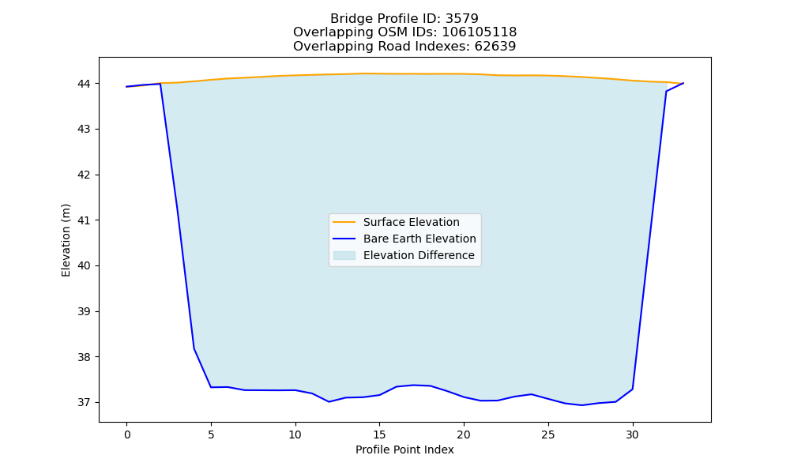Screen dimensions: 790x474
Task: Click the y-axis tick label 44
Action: tap(84, 84)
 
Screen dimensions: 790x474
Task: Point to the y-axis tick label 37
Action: tap(84, 402)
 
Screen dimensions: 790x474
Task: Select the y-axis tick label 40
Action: tap(84, 266)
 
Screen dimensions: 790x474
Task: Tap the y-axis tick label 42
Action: tap(84, 175)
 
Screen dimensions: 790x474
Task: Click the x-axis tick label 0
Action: tap(127, 435)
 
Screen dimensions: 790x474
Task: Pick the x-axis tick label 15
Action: tap(379, 435)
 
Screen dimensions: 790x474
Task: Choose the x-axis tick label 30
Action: tap(632, 435)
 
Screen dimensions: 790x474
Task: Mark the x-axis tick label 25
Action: tap(548, 435)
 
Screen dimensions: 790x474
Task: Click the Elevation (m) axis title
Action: tap(66, 240)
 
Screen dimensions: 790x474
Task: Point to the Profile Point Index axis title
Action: tap(404, 450)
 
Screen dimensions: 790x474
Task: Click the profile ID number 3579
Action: tap(462, 19)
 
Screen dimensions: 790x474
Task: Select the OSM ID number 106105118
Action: tap(480, 32)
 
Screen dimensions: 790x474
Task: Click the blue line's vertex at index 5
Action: tap(211, 387)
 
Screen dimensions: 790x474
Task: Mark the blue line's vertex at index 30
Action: tap(632, 389)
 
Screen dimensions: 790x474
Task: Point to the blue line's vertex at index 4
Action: tap(194, 348)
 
